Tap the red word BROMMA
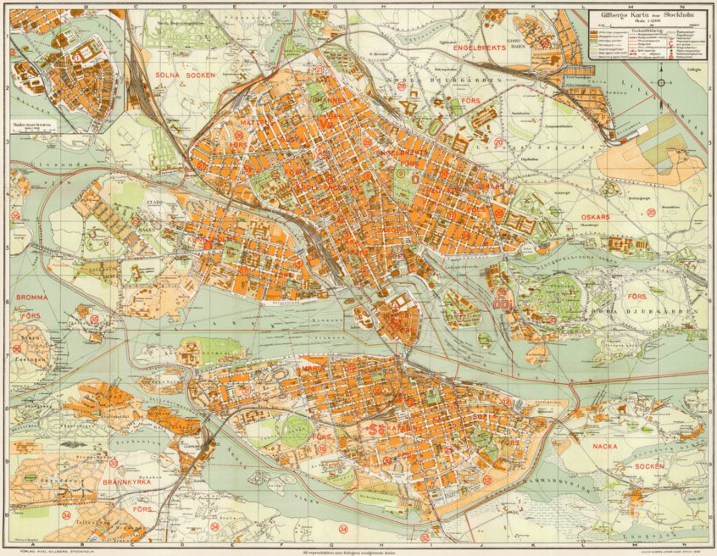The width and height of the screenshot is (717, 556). [x=34, y=298]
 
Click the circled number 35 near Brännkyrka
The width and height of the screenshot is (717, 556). [x=113, y=463]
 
